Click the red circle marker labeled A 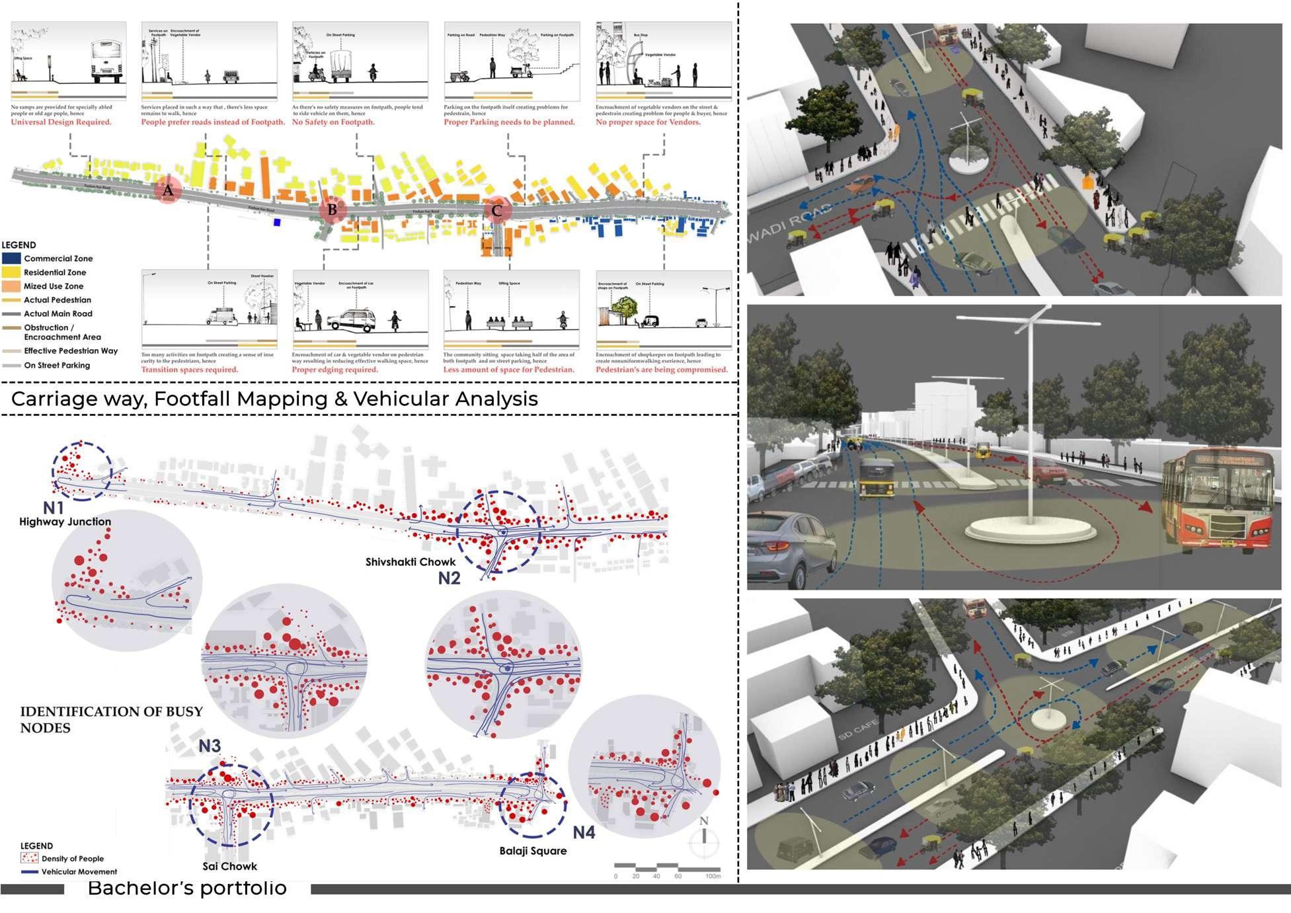(168, 191)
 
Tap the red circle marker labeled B (332, 210)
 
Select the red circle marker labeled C (496, 211)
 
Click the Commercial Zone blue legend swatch (11, 258)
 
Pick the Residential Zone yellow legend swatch (11, 272)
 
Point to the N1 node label (54, 508)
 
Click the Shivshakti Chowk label (411, 562)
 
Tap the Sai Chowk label (229, 866)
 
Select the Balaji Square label (533, 851)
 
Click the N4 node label (584, 832)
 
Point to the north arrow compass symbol (704, 837)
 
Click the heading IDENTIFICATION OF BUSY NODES (111, 719)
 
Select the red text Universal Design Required (61, 122)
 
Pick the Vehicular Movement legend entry (69, 872)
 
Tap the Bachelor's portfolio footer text (187, 888)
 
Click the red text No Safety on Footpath (333, 122)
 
